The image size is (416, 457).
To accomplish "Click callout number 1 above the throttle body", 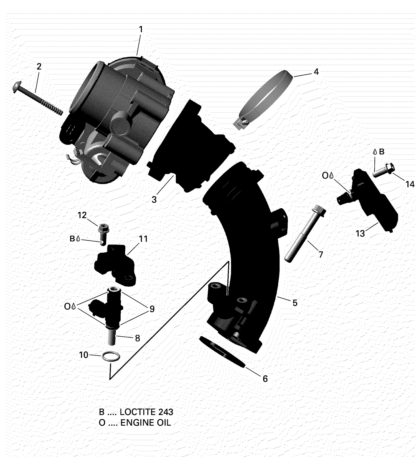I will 141,29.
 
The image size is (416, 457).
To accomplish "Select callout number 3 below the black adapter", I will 154,200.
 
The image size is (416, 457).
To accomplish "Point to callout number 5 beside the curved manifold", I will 295,303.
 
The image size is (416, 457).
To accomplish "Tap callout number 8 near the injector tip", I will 137,338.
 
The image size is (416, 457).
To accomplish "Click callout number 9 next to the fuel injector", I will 152,309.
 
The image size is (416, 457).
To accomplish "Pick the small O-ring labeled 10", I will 111,356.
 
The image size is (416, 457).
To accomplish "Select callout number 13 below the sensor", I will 360,234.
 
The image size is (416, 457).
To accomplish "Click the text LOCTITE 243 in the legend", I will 146,412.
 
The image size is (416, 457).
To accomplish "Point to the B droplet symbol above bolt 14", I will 379,152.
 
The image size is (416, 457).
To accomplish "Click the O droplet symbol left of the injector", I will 70,306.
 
